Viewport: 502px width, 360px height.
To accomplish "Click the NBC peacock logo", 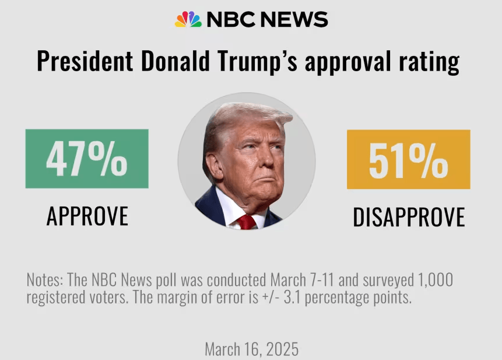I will point(188,19).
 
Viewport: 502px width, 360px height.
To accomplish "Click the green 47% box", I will point(87,159).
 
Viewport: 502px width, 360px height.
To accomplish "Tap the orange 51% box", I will point(408,159).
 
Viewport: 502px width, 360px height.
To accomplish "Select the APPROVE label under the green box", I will point(87,216).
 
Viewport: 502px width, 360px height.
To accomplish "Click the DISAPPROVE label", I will point(409,217).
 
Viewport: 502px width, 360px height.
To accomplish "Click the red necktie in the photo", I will point(247,222).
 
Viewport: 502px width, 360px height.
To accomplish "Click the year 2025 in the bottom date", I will point(283,349).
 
